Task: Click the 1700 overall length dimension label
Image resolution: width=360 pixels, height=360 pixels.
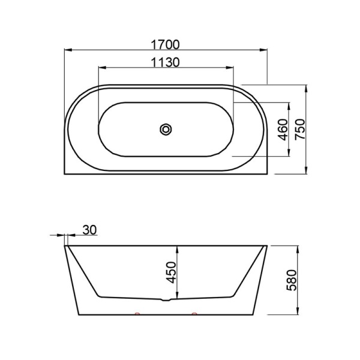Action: click(x=165, y=45)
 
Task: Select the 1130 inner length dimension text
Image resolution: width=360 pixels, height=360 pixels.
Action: click(x=165, y=62)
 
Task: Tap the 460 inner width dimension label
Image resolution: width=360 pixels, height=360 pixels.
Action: click(x=283, y=130)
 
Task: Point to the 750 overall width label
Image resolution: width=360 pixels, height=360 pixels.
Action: click(x=300, y=129)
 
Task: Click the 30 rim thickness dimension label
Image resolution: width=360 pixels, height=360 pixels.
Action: click(x=89, y=230)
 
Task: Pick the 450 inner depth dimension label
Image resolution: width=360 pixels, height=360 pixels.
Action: click(x=171, y=272)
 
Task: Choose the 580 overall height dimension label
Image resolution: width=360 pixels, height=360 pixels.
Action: click(x=292, y=280)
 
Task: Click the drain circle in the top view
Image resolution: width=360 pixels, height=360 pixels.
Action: click(x=166, y=130)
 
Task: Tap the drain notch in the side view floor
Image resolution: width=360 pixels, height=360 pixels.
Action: click(x=166, y=299)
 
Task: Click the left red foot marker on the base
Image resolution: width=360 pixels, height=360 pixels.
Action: click(x=137, y=313)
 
